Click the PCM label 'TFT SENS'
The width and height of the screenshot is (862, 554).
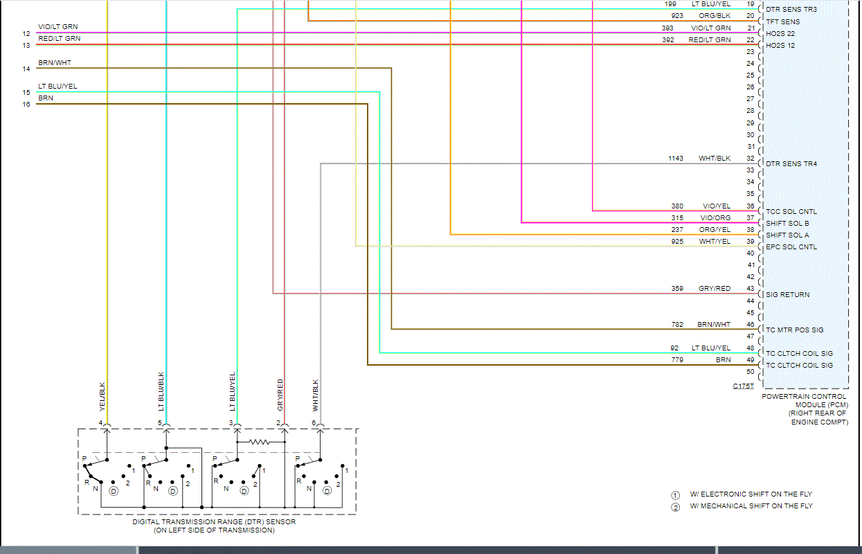[782, 21]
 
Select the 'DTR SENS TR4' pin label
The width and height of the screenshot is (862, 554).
[791, 164]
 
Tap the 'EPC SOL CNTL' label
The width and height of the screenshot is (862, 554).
[791, 247]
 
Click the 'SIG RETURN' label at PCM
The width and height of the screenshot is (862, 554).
[787, 295]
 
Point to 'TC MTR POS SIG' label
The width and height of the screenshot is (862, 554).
[795, 330]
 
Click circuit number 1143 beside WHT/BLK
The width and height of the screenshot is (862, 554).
[676, 159]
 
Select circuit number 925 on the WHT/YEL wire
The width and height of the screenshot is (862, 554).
[678, 241]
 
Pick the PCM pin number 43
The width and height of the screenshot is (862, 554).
[750, 289]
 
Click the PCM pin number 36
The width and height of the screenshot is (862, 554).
[750, 206]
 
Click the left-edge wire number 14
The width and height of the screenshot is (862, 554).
[26, 69]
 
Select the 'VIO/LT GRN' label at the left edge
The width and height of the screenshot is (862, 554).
[57, 27]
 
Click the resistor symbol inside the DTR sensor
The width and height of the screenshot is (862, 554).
[259, 441]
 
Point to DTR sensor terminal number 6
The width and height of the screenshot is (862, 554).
[314, 423]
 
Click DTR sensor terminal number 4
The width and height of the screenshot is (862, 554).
[100, 423]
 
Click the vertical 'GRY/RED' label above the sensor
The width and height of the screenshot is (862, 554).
[280, 393]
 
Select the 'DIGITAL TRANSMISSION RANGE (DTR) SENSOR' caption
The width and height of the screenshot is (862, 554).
[214, 522]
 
